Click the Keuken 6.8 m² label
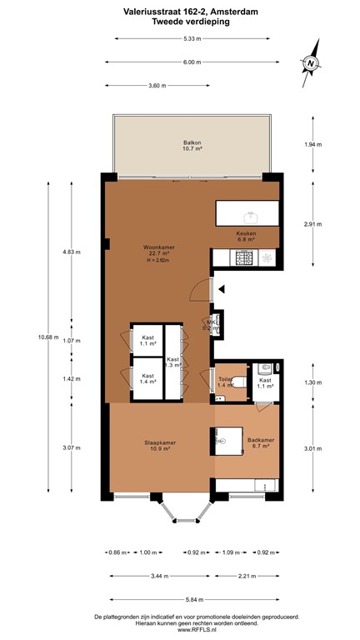[246, 236]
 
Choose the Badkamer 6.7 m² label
[260, 442]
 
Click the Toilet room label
[225, 381]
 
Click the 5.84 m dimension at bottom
[192, 598]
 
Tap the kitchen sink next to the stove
[266, 259]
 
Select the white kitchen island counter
[247, 212]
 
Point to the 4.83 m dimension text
[72, 251]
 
